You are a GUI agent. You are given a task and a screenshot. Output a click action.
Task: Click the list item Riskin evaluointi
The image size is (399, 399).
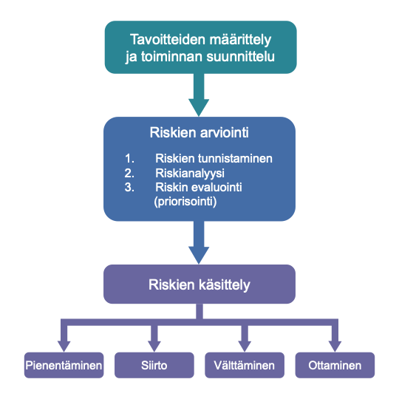click(199, 187)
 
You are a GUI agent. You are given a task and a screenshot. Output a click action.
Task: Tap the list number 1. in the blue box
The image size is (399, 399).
click(129, 158)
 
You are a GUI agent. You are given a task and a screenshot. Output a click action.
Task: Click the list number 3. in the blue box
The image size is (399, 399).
click(129, 187)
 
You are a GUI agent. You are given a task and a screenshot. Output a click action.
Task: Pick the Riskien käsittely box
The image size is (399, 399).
click(199, 284)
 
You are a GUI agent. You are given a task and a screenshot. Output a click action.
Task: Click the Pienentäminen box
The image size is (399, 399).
click(64, 365)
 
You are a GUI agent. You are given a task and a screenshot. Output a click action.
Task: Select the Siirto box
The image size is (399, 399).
click(154, 365)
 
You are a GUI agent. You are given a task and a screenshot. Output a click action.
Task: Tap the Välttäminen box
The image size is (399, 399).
click(245, 365)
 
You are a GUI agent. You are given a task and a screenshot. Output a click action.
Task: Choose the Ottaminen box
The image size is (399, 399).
click(335, 365)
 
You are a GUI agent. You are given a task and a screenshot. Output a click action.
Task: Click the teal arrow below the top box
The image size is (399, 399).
click(199, 95)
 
